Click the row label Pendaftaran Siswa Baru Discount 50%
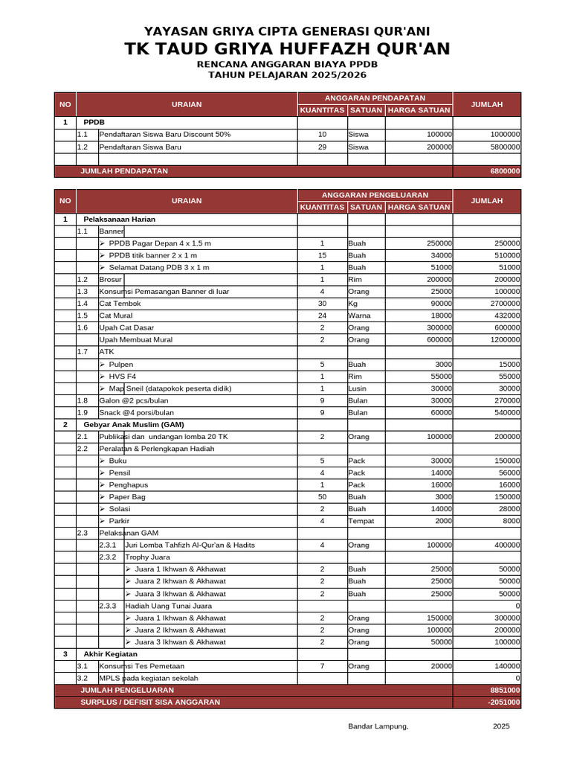pyautogui.click(x=164, y=135)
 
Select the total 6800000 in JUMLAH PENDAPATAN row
pyautogui.click(x=505, y=171)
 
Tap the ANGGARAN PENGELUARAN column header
pyautogui.click(x=375, y=195)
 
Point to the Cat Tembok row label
pyautogui.click(x=120, y=304)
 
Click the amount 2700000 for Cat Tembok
pyautogui.click(x=503, y=304)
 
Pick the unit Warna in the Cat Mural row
pyautogui.click(x=360, y=316)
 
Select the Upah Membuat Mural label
pyautogui.click(x=135, y=340)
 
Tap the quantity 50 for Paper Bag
pyautogui.click(x=322, y=497)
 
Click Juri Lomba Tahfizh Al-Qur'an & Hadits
pyautogui.click(x=190, y=545)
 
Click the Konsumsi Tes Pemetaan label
pyautogui.click(x=141, y=666)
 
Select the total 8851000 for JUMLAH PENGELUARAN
pyautogui.click(x=505, y=691)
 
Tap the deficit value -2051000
pyautogui.click(x=503, y=702)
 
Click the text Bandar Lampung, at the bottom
pyautogui.click(x=378, y=726)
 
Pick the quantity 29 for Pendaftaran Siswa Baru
pyautogui.click(x=322, y=147)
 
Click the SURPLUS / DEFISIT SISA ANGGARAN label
pyautogui.click(x=150, y=702)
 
